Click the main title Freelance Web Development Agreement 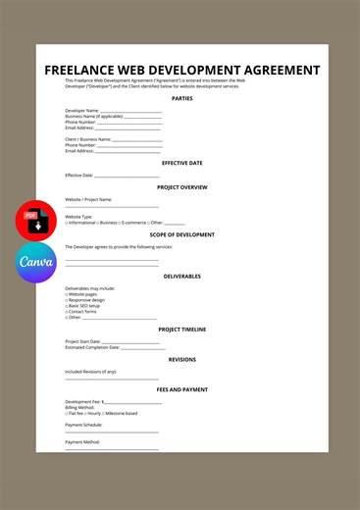point(181,71)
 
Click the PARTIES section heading point(181,98)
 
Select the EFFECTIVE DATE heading point(181,163)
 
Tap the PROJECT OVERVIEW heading point(181,186)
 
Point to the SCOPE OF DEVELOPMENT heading point(181,234)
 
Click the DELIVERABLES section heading point(181,276)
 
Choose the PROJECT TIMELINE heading point(181,330)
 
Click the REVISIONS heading point(181,359)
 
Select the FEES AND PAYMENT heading point(181,389)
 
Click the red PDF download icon point(36,221)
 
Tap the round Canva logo point(36,263)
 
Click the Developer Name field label point(81,111)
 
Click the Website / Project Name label point(88,199)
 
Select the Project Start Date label point(83,341)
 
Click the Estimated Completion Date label point(92,347)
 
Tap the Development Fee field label point(84,401)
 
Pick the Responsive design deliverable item point(86,299)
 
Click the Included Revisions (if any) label point(90,372)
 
